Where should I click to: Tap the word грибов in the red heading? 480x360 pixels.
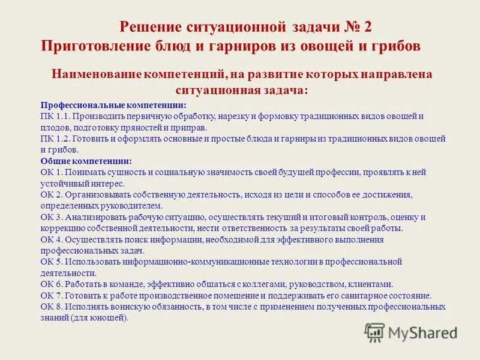click(x=393, y=46)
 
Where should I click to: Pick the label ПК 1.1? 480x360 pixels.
click(x=53, y=116)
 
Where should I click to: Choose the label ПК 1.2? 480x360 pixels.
click(x=53, y=139)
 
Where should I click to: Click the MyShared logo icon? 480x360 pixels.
click(x=375, y=332)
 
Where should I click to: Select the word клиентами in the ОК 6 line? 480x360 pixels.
click(x=373, y=284)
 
